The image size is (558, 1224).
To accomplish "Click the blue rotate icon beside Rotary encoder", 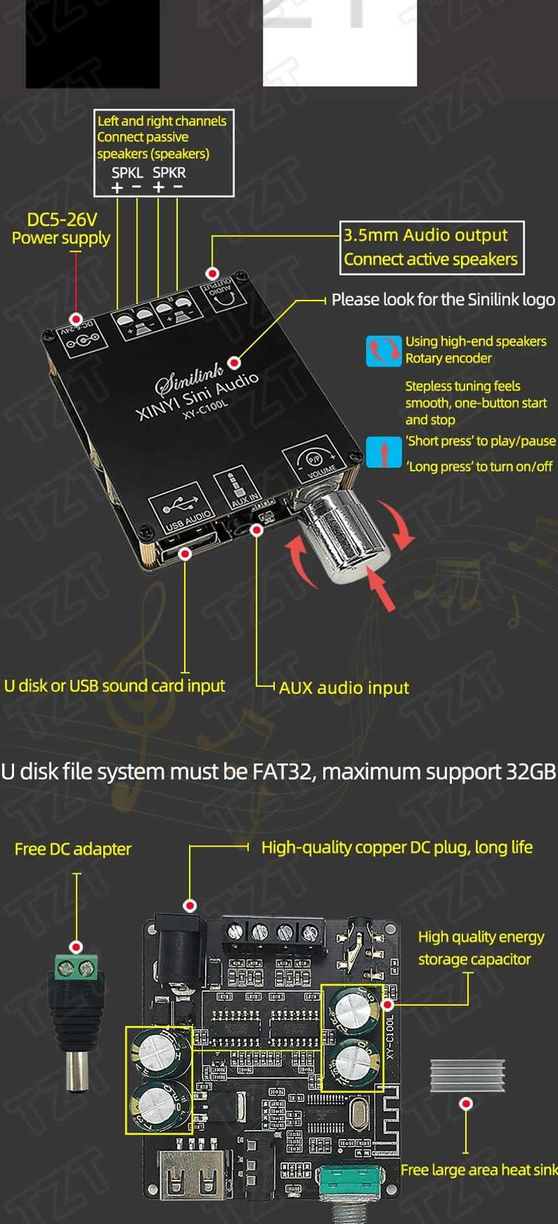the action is point(383,351).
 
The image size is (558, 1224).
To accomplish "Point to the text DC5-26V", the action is point(61,220).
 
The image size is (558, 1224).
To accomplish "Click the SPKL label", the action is point(127,172).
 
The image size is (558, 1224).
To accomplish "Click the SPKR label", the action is point(169,172).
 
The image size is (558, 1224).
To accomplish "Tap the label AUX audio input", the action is point(344,688).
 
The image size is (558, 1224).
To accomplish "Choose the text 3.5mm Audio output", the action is point(425,235).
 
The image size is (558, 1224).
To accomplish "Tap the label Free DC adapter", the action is point(73,849).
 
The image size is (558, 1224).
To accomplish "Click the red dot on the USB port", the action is point(185,554).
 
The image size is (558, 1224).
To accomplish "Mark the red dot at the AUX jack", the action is point(257,531).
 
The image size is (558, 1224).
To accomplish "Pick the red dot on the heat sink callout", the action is point(466,1104).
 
